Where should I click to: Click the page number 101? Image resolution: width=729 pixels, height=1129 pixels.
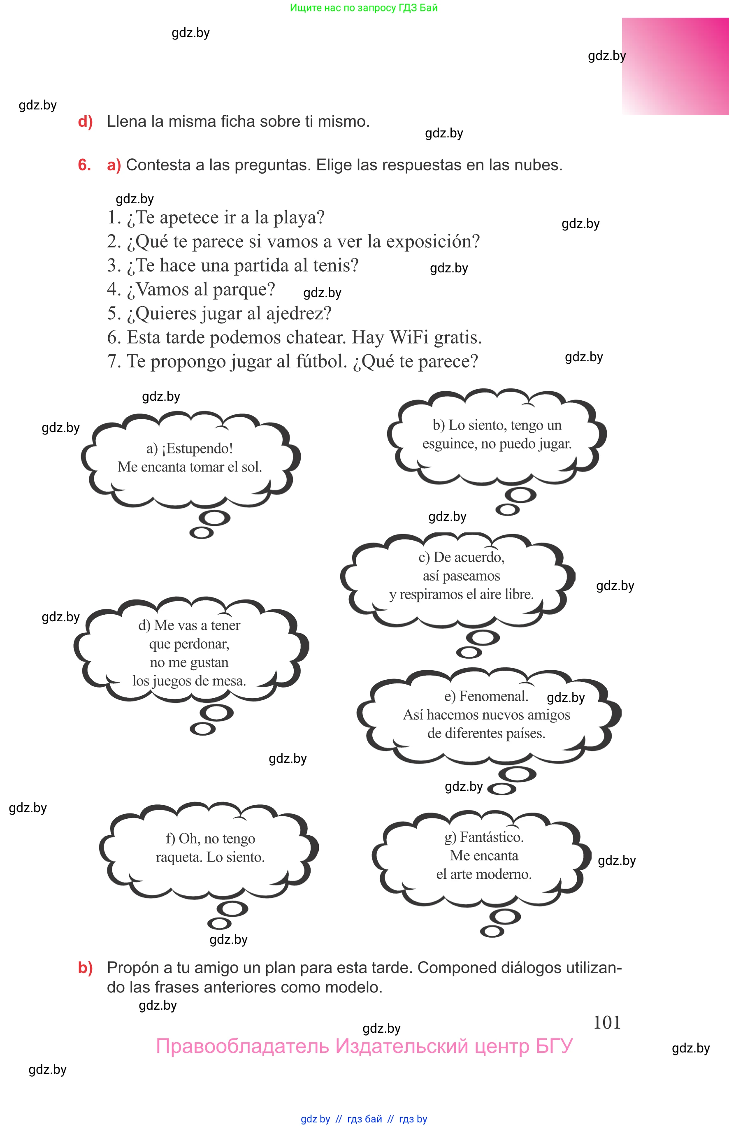tap(606, 1022)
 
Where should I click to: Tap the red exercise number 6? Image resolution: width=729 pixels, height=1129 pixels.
tap(84, 165)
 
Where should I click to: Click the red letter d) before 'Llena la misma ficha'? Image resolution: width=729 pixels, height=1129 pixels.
tap(85, 122)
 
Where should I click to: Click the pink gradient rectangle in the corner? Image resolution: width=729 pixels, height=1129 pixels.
tap(676, 66)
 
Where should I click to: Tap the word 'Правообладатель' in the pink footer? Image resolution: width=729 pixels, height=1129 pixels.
tap(242, 1046)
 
